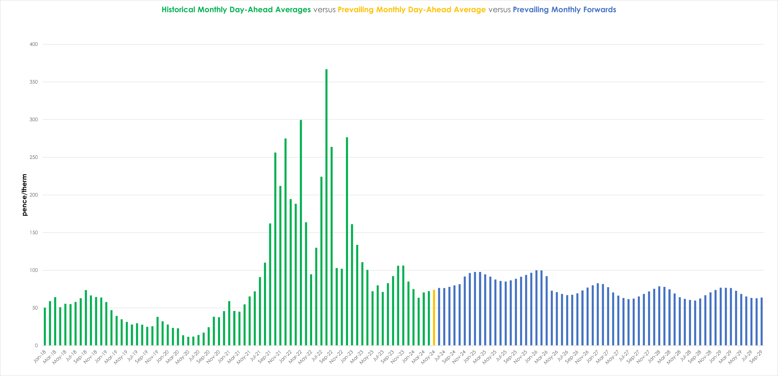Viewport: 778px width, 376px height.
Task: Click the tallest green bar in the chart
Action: click(x=326, y=207)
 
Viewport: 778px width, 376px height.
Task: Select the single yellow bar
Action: click(x=434, y=318)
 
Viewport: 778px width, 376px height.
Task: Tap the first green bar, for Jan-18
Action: click(x=45, y=326)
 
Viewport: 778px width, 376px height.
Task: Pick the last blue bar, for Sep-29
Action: click(x=762, y=322)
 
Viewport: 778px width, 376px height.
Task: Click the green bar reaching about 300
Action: click(x=301, y=233)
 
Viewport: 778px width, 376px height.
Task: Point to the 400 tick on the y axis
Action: click(x=34, y=44)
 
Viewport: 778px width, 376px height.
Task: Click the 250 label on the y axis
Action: click(x=34, y=157)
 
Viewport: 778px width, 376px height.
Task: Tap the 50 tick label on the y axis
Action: click(x=35, y=308)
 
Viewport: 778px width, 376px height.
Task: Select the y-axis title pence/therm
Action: click(x=25, y=195)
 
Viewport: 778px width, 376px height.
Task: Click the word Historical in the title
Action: click(x=178, y=10)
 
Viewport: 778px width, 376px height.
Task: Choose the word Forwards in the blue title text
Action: click(x=600, y=10)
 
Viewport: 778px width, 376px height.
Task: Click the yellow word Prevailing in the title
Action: click(x=356, y=10)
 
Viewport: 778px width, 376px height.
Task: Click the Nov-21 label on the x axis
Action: click(x=275, y=356)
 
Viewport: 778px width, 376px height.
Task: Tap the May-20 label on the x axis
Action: click(x=182, y=357)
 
